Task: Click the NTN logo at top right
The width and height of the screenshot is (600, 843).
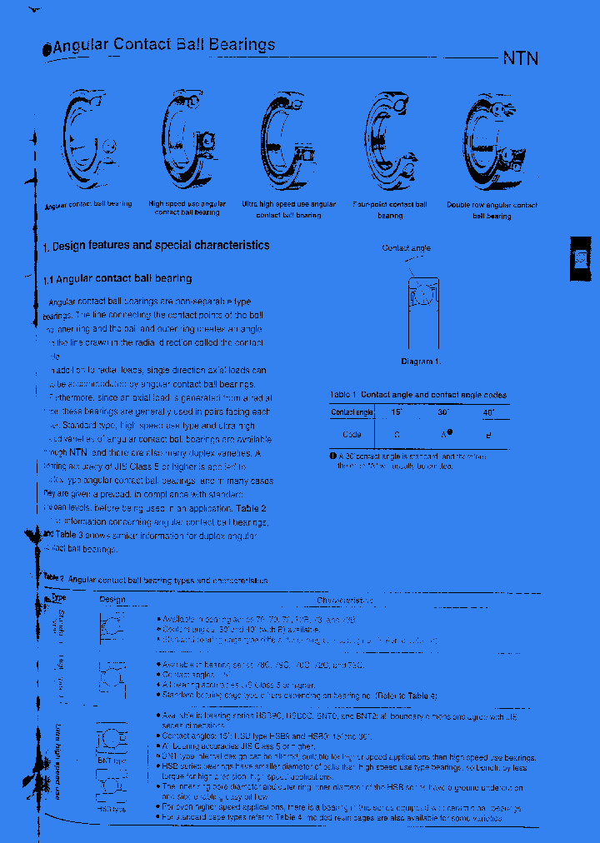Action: (x=520, y=58)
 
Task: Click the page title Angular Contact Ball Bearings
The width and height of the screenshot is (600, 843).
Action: (x=163, y=46)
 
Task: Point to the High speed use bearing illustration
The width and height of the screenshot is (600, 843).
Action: (x=187, y=138)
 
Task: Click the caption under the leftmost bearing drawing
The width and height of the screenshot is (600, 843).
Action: (x=87, y=204)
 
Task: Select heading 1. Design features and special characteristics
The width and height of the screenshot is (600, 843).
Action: (x=156, y=246)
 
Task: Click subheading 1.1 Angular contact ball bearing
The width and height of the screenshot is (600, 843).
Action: (x=117, y=279)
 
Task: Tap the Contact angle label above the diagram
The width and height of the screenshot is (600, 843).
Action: (x=406, y=248)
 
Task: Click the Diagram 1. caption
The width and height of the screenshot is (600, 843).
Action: (x=421, y=362)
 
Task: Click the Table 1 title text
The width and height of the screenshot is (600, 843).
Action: (x=417, y=395)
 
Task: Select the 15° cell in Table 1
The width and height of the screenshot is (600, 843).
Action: (x=397, y=412)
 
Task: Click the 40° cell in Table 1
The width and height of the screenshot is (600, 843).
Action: (x=488, y=412)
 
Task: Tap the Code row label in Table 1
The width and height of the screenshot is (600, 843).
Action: (x=352, y=434)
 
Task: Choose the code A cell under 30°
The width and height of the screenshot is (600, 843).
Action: (x=445, y=434)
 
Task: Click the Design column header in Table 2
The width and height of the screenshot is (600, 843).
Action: (x=112, y=600)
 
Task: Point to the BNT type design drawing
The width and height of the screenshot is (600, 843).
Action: (x=112, y=741)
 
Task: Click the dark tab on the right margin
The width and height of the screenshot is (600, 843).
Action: (x=582, y=259)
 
